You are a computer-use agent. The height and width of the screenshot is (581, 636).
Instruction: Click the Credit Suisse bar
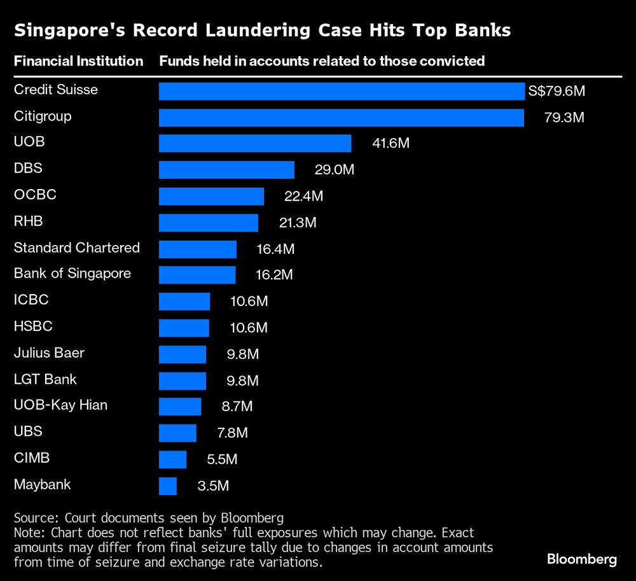click(342, 91)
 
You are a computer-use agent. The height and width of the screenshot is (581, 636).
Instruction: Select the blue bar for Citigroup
click(342, 118)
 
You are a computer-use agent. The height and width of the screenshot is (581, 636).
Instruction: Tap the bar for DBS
click(226, 170)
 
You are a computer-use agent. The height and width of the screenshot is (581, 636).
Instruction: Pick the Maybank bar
click(168, 486)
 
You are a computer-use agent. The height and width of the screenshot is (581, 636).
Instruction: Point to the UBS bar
click(177, 433)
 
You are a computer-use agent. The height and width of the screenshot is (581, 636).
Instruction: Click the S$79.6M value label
click(556, 91)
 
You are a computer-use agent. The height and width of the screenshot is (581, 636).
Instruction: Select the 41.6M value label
click(391, 144)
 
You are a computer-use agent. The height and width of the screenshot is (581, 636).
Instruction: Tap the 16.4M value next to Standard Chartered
click(275, 249)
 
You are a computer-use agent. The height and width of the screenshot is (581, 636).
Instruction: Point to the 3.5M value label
click(212, 487)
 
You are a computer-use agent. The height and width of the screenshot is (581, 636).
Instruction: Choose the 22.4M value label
click(303, 197)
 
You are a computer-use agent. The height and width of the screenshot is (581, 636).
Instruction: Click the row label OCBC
click(35, 194)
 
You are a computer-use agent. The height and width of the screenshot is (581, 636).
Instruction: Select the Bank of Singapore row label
click(73, 274)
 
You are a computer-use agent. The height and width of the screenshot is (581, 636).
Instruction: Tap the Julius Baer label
click(49, 353)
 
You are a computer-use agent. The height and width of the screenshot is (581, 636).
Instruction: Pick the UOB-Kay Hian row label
click(60, 405)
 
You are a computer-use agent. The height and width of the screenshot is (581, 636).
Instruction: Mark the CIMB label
click(32, 458)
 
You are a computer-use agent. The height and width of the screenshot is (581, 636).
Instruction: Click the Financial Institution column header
click(78, 61)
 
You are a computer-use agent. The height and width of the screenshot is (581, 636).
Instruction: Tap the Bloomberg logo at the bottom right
click(582, 559)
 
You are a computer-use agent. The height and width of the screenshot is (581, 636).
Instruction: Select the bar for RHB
click(209, 223)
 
